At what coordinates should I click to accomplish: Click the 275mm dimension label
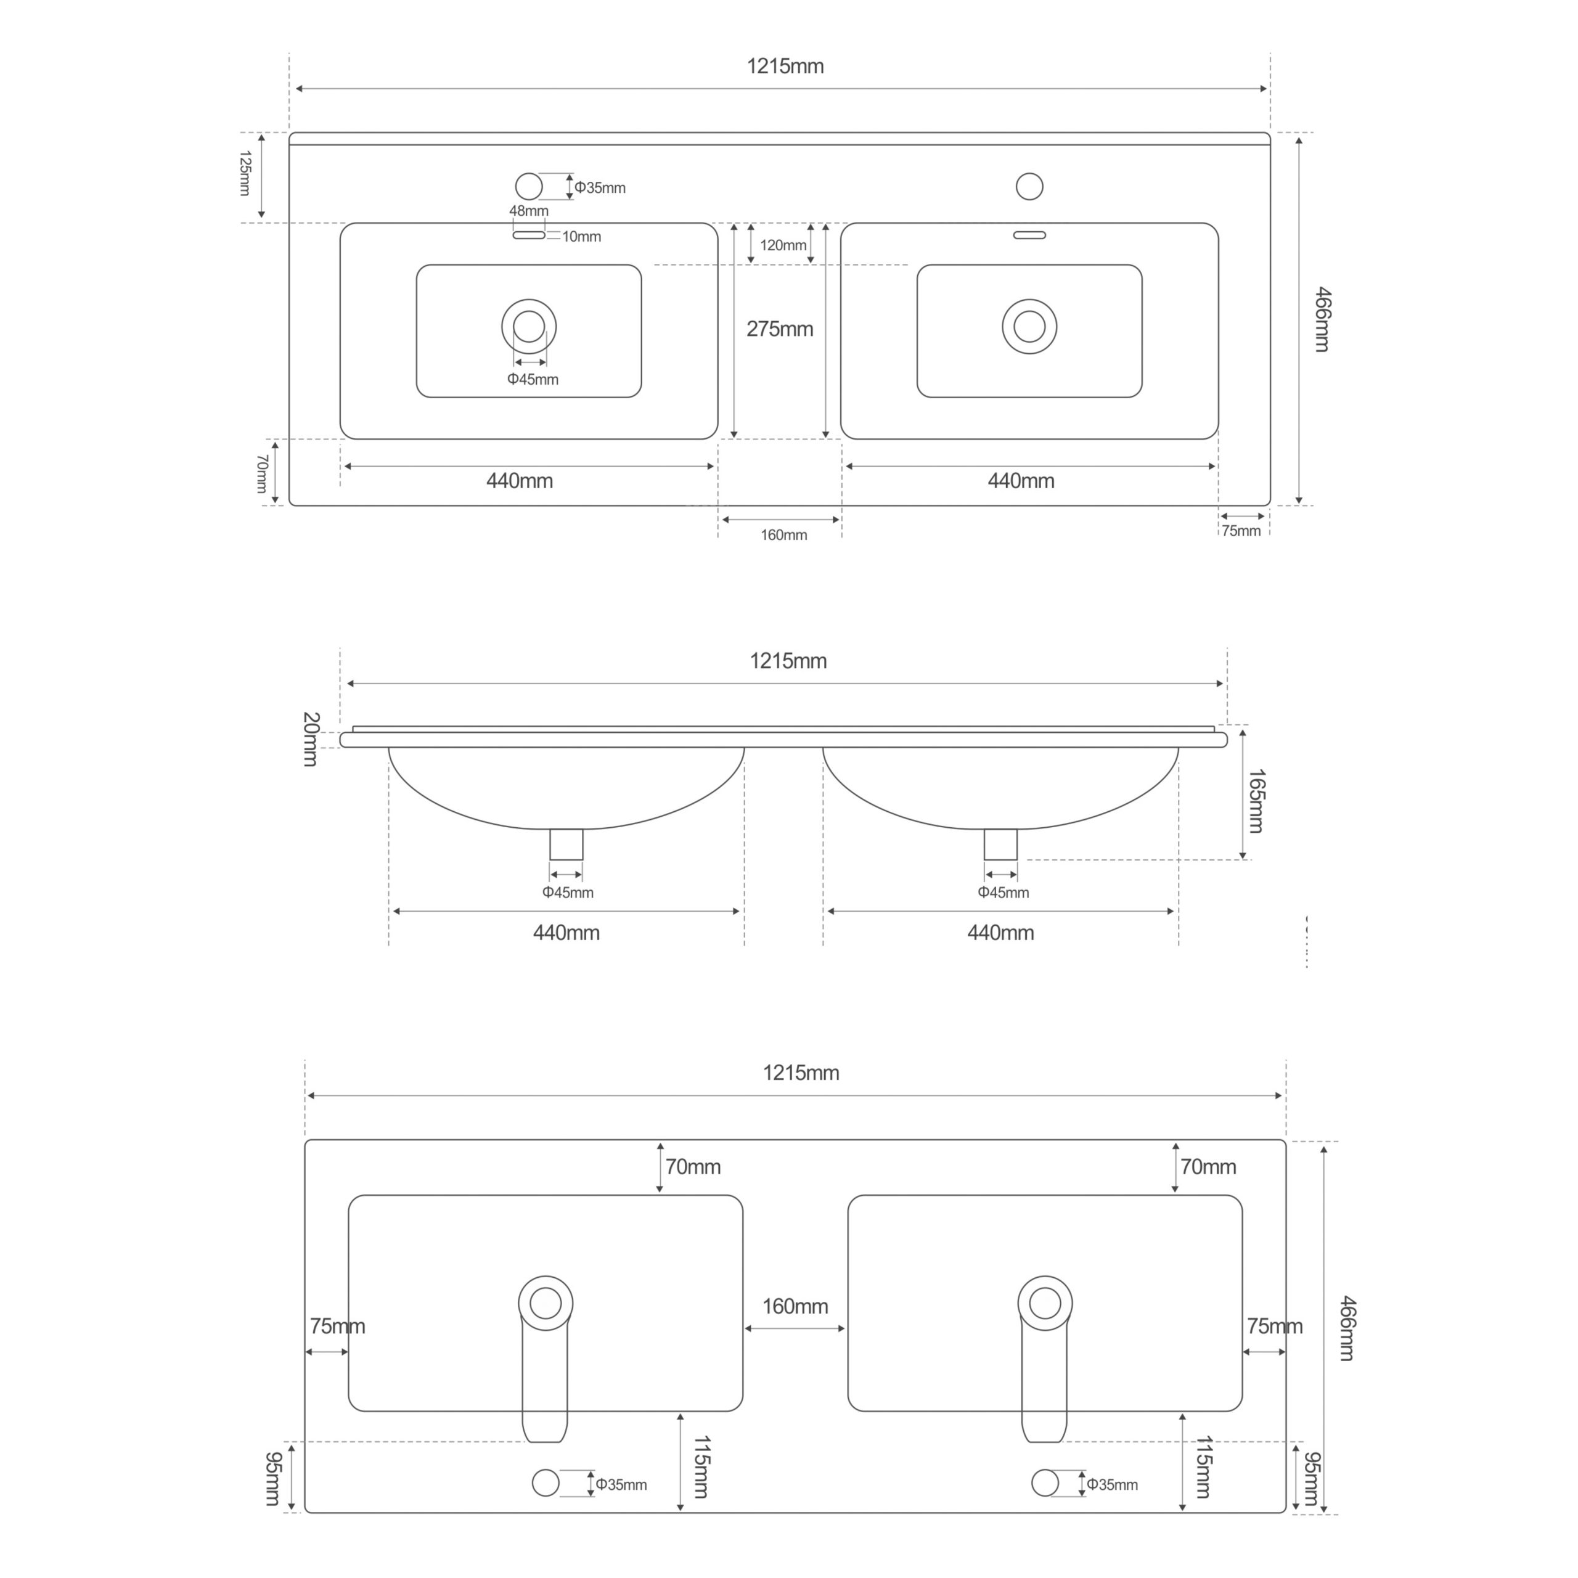[x=779, y=329]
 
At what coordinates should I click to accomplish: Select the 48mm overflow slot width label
[x=528, y=211]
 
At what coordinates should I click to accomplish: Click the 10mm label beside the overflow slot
[x=581, y=237]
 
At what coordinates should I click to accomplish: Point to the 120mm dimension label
[x=782, y=245]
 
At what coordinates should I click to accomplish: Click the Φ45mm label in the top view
[x=533, y=379]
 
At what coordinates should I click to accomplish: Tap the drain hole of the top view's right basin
[x=1029, y=327]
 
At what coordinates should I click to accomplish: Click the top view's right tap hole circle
[x=1029, y=186]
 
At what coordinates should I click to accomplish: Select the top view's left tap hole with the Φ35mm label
[x=529, y=186]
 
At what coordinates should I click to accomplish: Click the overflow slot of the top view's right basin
[x=1029, y=235]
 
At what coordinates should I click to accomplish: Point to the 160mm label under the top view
[x=783, y=535]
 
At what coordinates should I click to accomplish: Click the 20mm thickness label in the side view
[x=311, y=739]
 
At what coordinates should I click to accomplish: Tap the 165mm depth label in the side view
[x=1256, y=801]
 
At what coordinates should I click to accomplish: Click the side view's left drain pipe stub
[x=566, y=844]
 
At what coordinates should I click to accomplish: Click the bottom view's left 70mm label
[x=693, y=1166]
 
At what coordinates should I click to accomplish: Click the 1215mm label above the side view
[x=788, y=661]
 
